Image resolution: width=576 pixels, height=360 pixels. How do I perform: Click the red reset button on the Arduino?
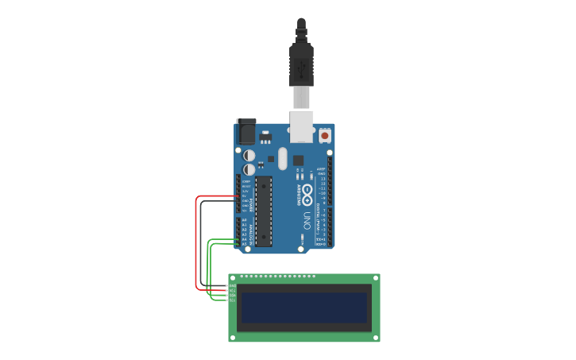tap(325, 137)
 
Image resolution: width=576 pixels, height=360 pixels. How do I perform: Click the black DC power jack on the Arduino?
tap(246, 131)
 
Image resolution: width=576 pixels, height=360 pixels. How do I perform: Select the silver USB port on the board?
tap(302, 126)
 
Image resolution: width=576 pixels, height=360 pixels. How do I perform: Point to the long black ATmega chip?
tap(264, 211)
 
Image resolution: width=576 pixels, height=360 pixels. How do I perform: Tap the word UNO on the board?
tap(307, 219)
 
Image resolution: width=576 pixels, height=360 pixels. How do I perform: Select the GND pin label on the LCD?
tap(233, 287)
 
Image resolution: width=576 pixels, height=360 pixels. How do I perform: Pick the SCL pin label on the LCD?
tap(233, 301)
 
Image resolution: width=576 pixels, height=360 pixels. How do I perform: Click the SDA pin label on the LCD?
tap(233, 296)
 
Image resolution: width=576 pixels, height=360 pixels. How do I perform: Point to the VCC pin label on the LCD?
tap(233, 292)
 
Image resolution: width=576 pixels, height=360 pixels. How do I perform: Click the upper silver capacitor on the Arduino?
tap(249, 155)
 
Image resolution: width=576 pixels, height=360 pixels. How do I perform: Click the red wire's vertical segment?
tap(196, 242)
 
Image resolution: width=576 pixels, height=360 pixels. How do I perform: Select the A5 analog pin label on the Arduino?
tap(244, 243)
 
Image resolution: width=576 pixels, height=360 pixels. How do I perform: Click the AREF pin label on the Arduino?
tap(322, 168)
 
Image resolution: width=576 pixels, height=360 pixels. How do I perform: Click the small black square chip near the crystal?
tap(299, 160)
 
